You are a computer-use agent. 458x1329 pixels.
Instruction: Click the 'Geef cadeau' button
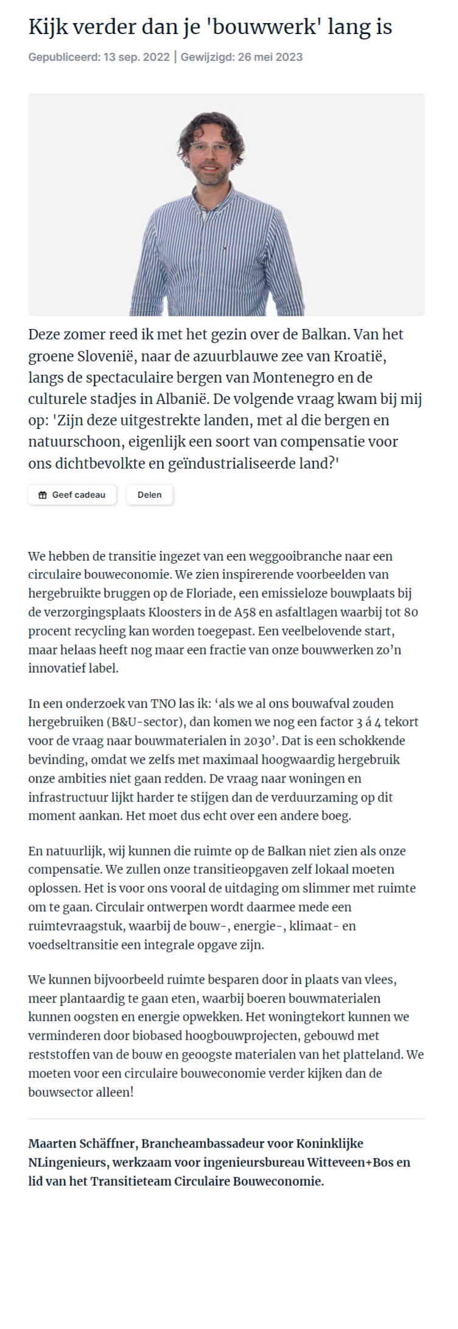(x=72, y=495)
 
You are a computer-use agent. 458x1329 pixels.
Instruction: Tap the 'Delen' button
(x=149, y=495)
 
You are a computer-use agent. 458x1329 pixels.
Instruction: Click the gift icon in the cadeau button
(x=42, y=495)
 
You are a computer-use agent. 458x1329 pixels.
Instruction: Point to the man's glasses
(x=209, y=148)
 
